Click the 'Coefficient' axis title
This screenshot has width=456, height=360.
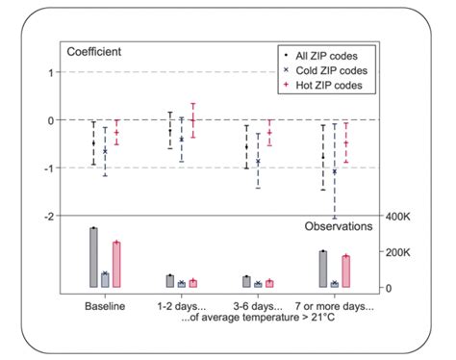(x=93, y=50)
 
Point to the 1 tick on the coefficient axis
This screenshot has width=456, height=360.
(x=49, y=72)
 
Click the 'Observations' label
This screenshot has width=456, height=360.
(x=339, y=227)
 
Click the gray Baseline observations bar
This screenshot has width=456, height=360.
(x=93, y=258)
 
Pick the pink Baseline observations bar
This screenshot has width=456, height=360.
(x=116, y=265)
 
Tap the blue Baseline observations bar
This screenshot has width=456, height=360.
(x=105, y=280)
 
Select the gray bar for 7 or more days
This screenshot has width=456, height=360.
(x=323, y=270)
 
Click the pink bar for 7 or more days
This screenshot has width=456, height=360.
(x=346, y=271)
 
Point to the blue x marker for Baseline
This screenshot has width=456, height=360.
(x=105, y=151)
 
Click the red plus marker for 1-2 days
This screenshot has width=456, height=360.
(x=192, y=120)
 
